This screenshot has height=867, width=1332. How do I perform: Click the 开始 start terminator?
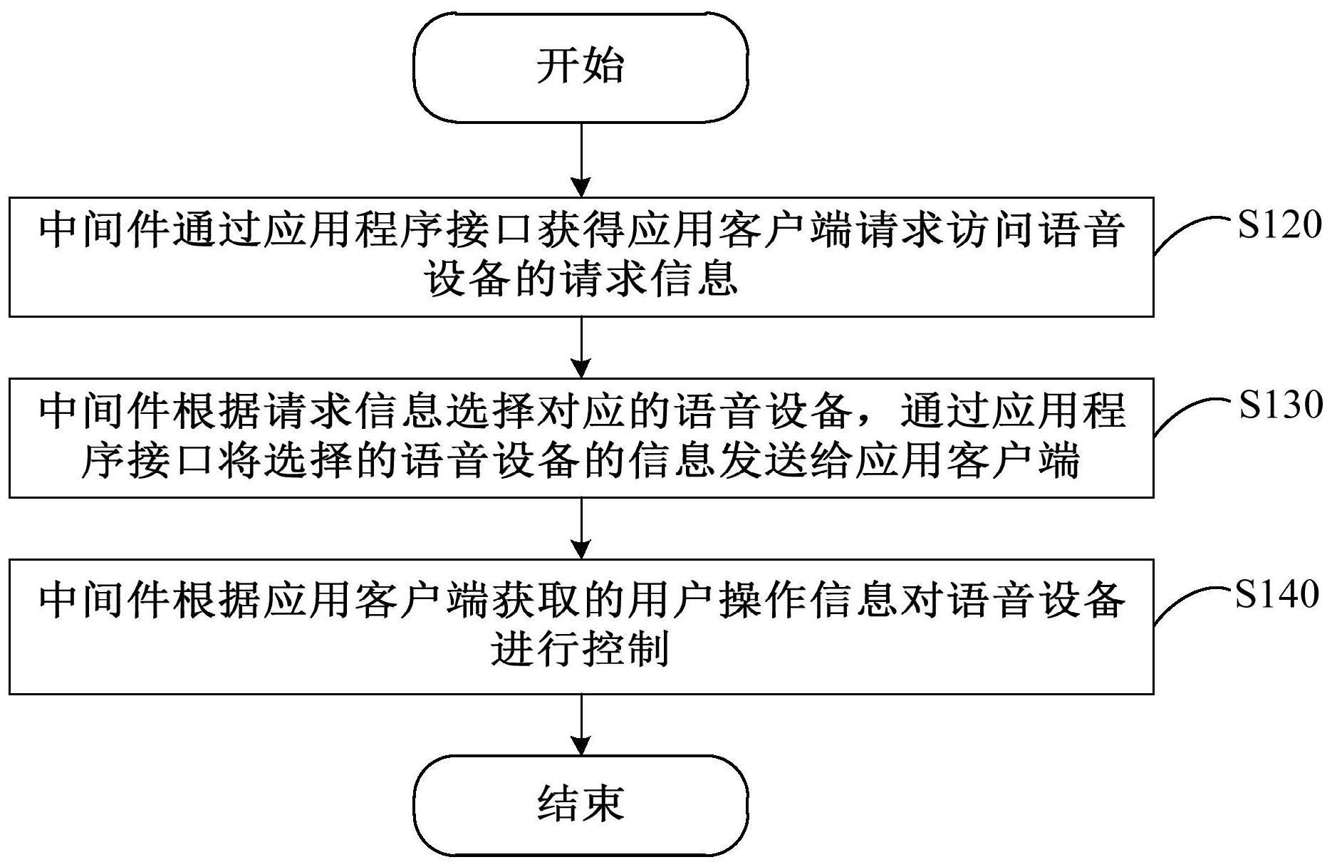[581, 67]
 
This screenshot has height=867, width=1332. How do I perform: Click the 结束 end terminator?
[581, 805]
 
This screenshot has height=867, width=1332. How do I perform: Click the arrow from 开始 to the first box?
[582, 160]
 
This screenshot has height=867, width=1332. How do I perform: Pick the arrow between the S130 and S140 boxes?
[582, 528]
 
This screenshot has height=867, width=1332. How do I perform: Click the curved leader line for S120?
[1190, 232]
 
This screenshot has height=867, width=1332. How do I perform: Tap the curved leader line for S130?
[1190, 412]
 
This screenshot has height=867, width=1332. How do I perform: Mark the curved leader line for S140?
[1190, 601]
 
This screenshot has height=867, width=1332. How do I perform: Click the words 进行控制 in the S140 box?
[580, 649]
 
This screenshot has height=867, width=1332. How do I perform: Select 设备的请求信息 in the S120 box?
[581, 279]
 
